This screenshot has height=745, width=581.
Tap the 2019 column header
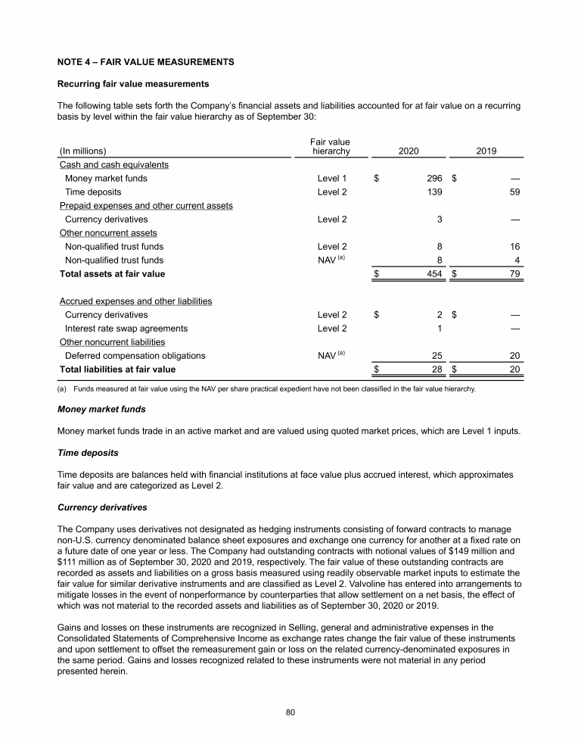486,151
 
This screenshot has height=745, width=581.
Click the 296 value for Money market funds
433,179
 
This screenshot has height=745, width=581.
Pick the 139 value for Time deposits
433,192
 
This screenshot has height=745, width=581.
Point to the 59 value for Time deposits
514,192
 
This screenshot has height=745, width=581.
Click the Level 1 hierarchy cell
332,179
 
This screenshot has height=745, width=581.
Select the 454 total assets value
433,273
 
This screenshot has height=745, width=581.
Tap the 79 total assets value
514,273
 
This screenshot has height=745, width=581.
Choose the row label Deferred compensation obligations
135,356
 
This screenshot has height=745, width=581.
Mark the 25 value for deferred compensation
437,356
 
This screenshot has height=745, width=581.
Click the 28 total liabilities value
437,369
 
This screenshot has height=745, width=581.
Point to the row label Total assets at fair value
112,273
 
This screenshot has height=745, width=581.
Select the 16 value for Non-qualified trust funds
514,246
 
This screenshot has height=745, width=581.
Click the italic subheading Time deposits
87,454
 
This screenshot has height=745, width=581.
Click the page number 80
290,712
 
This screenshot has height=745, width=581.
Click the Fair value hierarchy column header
331,146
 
